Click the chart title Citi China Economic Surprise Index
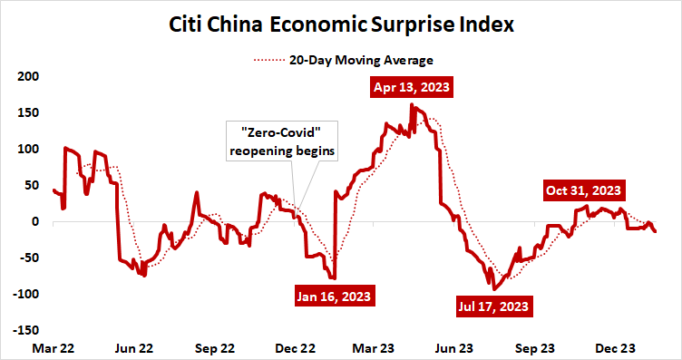(342, 24)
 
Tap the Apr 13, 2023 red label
(411, 89)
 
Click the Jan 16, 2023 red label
(334, 296)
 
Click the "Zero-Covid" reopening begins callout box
(281, 142)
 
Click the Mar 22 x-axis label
(54, 347)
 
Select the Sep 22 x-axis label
(215, 347)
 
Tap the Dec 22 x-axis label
(296, 347)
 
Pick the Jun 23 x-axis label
(454, 347)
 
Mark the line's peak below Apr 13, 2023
(412, 105)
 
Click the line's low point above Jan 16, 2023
(333, 278)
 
